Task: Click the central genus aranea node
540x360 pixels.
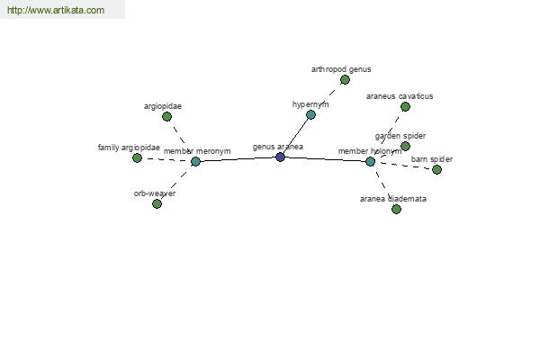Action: click(x=280, y=157)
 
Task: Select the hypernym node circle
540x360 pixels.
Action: click(x=310, y=114)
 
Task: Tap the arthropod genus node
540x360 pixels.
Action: click(x=345, y=79)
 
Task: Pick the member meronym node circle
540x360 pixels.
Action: click(x=195, y=161)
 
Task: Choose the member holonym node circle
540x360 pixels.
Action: click(x=370, y=161)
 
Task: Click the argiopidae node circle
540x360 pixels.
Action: click(x=166, y=116)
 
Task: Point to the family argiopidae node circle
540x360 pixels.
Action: click(x=137, y=157)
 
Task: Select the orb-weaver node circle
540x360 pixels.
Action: click(x=157, y=203)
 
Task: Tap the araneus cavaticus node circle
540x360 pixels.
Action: click(x=405, y=106)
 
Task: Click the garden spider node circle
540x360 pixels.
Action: click(x=405, y=146)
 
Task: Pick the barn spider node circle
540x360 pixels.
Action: click(x=436, y=169)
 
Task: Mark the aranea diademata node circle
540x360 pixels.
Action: click(x=396, y=209)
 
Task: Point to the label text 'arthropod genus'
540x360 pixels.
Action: click(x=340, y=68)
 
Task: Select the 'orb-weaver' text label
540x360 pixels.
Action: click(x=154, y=193)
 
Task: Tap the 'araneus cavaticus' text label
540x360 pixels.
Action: click(x=400, y=95)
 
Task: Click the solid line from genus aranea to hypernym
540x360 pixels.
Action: click(x=295, y=136)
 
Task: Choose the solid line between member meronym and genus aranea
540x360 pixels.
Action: click(x=238, y=159)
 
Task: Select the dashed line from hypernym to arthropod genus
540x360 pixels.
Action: click(x=328, y=96)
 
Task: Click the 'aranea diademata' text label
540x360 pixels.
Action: click(x=392, y=198)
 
